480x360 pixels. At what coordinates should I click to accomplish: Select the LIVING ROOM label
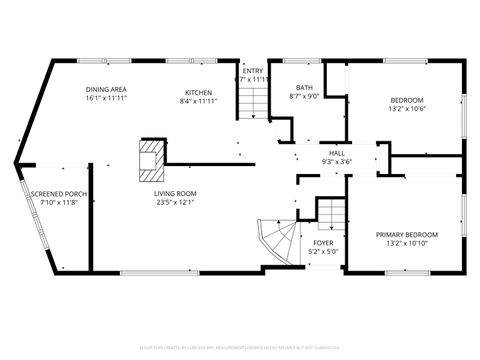tap(175, 193)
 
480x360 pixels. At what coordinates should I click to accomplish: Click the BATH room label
tap(303, 87)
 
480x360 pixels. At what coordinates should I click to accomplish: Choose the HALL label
tap(337, 152)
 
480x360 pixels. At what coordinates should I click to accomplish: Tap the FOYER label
tap(323, 242)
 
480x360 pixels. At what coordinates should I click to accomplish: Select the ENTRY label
tap(253, 70)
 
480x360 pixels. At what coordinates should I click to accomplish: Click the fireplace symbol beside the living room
tap(150, 158)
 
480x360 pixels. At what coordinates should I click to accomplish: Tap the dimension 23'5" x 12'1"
tap(175, 202)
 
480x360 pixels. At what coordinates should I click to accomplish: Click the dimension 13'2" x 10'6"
tap(407, 109)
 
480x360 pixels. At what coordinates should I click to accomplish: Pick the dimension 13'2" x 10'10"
tap(407, 243)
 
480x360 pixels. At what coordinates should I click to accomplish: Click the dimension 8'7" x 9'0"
tap(303, 96)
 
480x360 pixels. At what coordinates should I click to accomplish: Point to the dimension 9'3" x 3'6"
tap(337, 161)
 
